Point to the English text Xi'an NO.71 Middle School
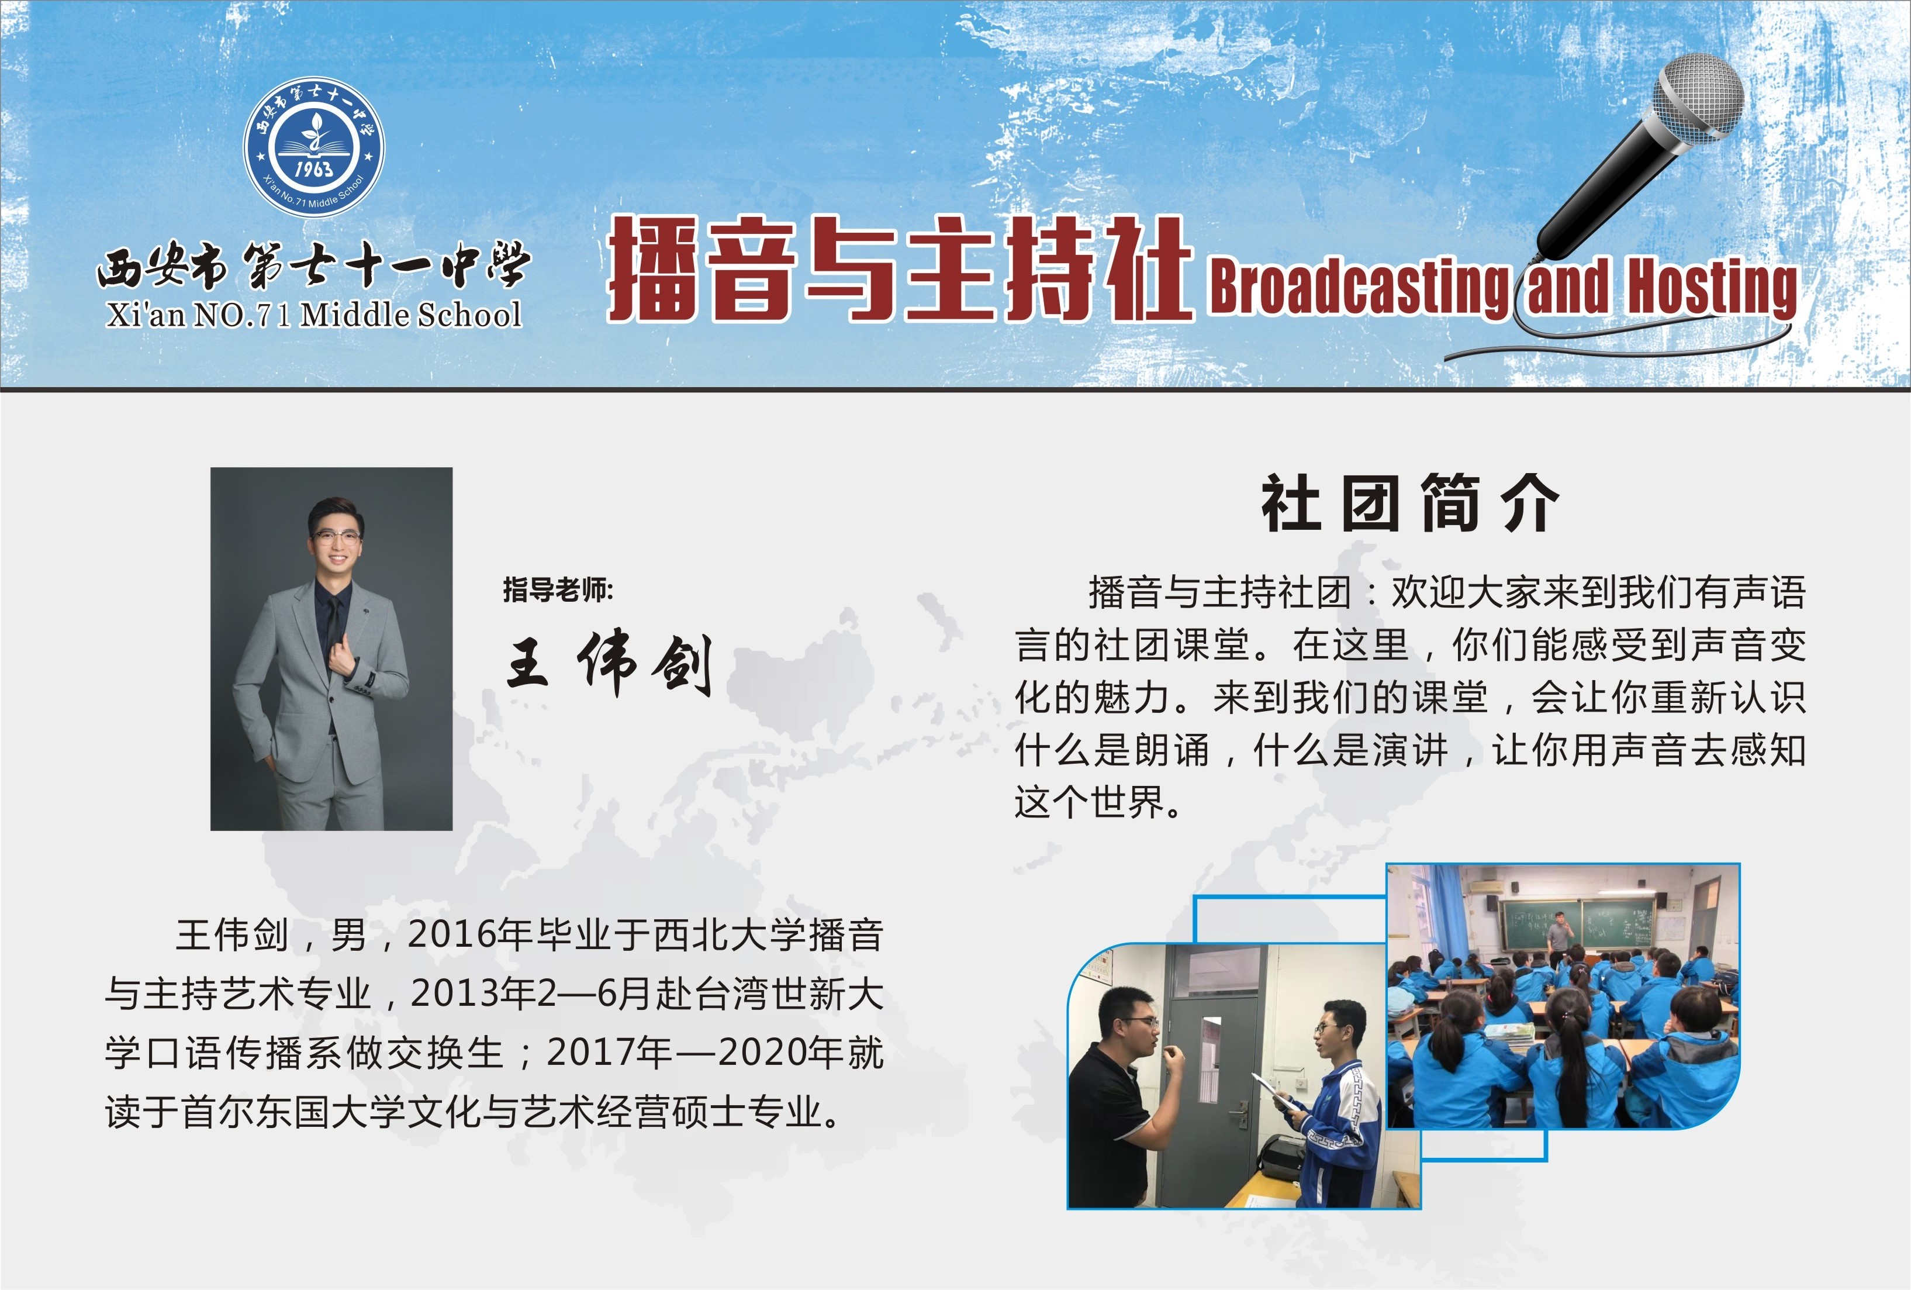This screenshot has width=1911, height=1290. coord(314,314)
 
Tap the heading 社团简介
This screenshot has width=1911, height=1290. coord(1409,503)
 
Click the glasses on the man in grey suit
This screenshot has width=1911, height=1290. coord(336,537)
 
